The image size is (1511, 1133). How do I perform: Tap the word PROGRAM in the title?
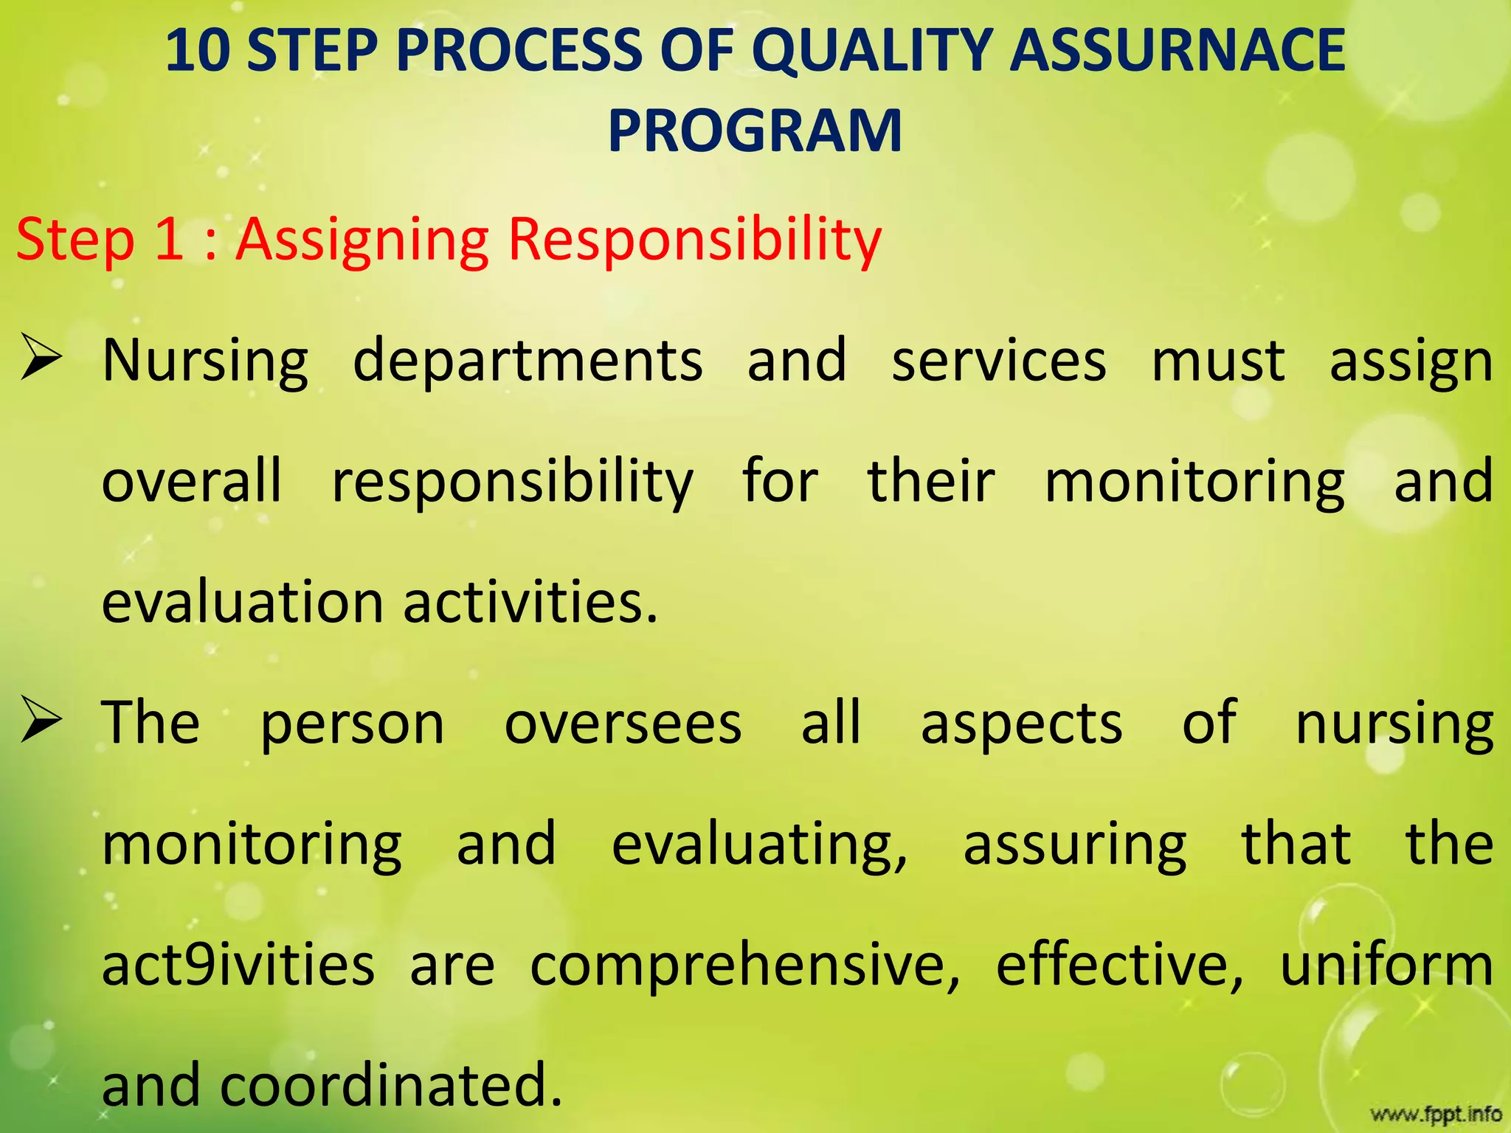[x=755, y=131]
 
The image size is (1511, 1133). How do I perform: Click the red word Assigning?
[x=362, y=240]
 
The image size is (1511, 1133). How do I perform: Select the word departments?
[x=528, y=361]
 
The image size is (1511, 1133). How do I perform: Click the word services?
[x=999, y=361]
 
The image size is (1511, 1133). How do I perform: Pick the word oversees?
[x=623, y=724]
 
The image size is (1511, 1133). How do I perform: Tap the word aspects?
[x=1022, y=724]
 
